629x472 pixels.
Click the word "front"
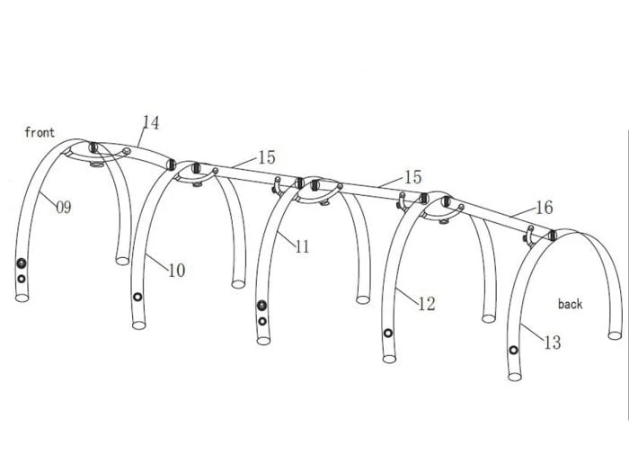tap(40, 133)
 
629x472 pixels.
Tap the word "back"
tap(570, 304)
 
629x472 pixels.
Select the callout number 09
tap(63, 207)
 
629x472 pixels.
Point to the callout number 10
tap(176, 270)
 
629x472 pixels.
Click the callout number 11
tap(301, 246)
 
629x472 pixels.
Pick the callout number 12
tap(426, 304)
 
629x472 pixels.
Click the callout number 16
tap(544, 208)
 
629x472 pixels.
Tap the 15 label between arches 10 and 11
tap(267, 157)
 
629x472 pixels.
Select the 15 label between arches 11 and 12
tap(412, 177)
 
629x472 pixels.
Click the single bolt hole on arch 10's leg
tap(137, 298)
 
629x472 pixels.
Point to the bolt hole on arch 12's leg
tap(388, 333)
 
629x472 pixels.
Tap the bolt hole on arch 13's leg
tap(513, 350)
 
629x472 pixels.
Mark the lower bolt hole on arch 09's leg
tap(22, 279)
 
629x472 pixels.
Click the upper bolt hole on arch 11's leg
tap(261, 305)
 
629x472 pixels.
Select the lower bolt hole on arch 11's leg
tap(261, 321)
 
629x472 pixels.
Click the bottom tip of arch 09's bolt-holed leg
tap(22, 299)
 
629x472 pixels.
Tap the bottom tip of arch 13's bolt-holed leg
tap(514, 376)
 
